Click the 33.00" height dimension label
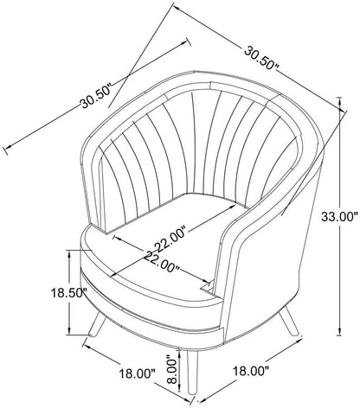339,217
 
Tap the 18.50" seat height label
69,293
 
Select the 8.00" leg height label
172,371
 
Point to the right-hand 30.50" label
262,58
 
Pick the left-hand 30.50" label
96,96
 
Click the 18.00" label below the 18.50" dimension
138,374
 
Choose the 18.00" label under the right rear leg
251,371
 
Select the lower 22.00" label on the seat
162,261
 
